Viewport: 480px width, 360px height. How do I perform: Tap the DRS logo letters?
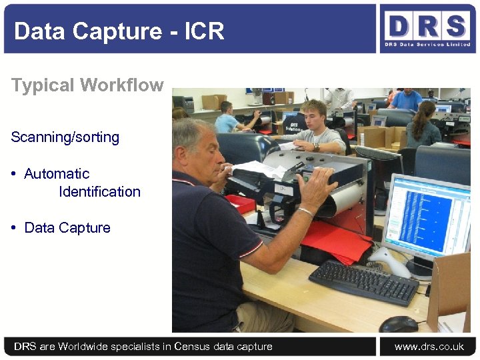click(427, 26)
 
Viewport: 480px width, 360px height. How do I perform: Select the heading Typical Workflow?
click(87, 85)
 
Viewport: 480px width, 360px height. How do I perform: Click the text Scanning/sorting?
click(65, 137)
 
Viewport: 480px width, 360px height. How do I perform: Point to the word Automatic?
click(57, 174)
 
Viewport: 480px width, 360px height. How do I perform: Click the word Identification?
click(99, 192)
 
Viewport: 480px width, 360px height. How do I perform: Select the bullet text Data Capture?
click(67, 228)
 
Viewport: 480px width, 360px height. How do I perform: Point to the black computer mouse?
click(399, 324)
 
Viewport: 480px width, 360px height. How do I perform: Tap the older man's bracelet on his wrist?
click(305, 212)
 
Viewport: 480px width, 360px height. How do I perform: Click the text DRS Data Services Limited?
click(427, 45)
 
